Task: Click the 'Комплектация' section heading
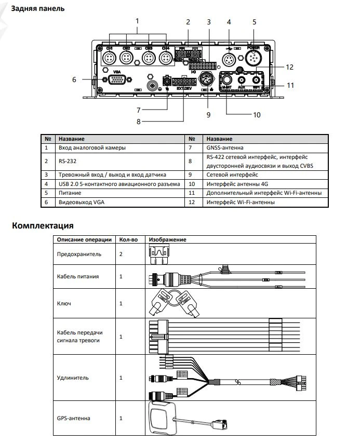point(42,226)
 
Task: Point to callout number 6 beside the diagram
point(74,79)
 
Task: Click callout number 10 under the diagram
point(256,114)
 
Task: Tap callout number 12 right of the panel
point(289,67)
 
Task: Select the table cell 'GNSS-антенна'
point(224,148)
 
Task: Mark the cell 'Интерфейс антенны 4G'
point(237,184)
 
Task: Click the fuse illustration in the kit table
point(157,254)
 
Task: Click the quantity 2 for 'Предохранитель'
point(121,254)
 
